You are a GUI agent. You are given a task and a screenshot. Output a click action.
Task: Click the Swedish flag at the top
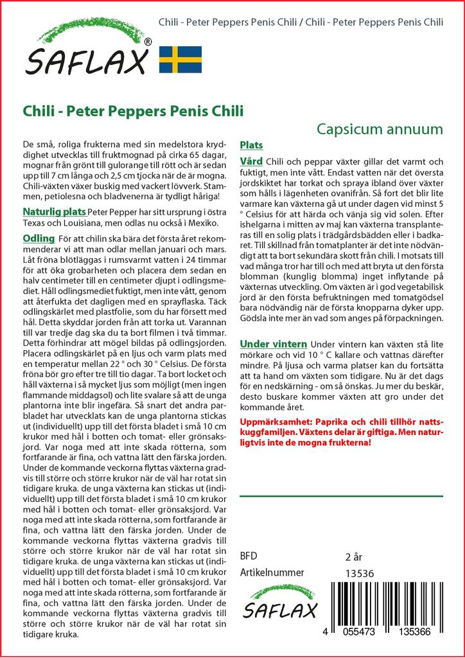(x=180, y=59)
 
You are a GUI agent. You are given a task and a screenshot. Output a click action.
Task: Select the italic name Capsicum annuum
(x=380, y=129)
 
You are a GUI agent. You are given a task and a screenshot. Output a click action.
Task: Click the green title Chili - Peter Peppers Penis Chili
(x=133, y=110)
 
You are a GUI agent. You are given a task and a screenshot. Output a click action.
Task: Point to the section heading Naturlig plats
(x=54, y=211)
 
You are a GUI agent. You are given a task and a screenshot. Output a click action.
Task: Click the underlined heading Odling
(x=38, y=238)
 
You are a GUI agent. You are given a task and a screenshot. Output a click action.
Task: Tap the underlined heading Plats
(x=251, y=145)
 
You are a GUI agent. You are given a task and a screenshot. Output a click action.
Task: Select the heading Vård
(x=250, y=161)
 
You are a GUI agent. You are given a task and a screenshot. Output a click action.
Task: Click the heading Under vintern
(x=273, y=344)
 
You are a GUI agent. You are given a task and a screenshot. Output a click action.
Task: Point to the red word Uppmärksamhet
(x=272, y=421)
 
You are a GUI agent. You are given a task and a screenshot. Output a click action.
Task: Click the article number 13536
(x=360, y=573)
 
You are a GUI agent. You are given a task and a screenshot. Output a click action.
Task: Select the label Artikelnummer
(x=272, y=573)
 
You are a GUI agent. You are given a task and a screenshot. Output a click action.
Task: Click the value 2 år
(x=354, y=556)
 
